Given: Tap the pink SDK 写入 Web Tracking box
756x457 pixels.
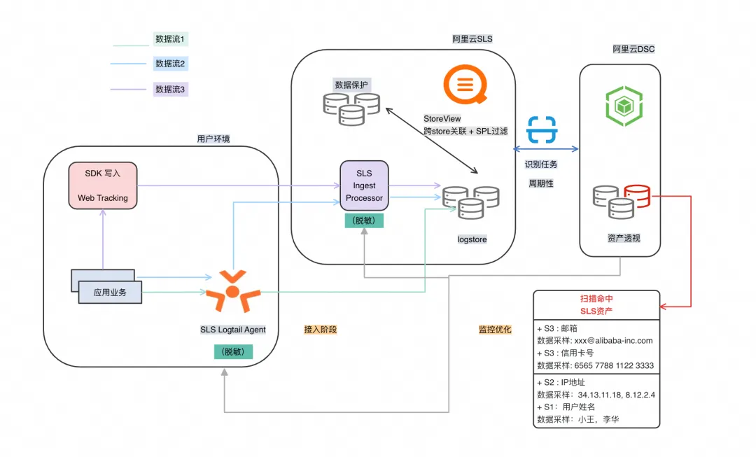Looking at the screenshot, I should point(102,185).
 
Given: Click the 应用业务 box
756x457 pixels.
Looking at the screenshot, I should point(110,292).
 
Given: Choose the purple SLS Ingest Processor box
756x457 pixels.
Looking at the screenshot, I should point(364,185).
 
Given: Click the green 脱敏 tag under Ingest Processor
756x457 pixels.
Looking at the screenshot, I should point(364,220).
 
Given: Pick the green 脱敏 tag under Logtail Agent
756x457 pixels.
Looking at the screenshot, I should point(233,352).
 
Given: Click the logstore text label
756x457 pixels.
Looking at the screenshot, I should point(472,239).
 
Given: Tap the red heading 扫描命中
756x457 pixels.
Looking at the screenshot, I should point(596,298).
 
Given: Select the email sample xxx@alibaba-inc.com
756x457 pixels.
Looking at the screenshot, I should point(613,340).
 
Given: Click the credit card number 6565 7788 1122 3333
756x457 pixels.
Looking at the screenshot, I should point(615,365).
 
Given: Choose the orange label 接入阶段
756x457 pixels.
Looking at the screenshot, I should point(320,329).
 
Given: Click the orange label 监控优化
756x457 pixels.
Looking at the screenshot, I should point(495,329).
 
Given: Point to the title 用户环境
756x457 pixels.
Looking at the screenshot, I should point(213,139).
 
